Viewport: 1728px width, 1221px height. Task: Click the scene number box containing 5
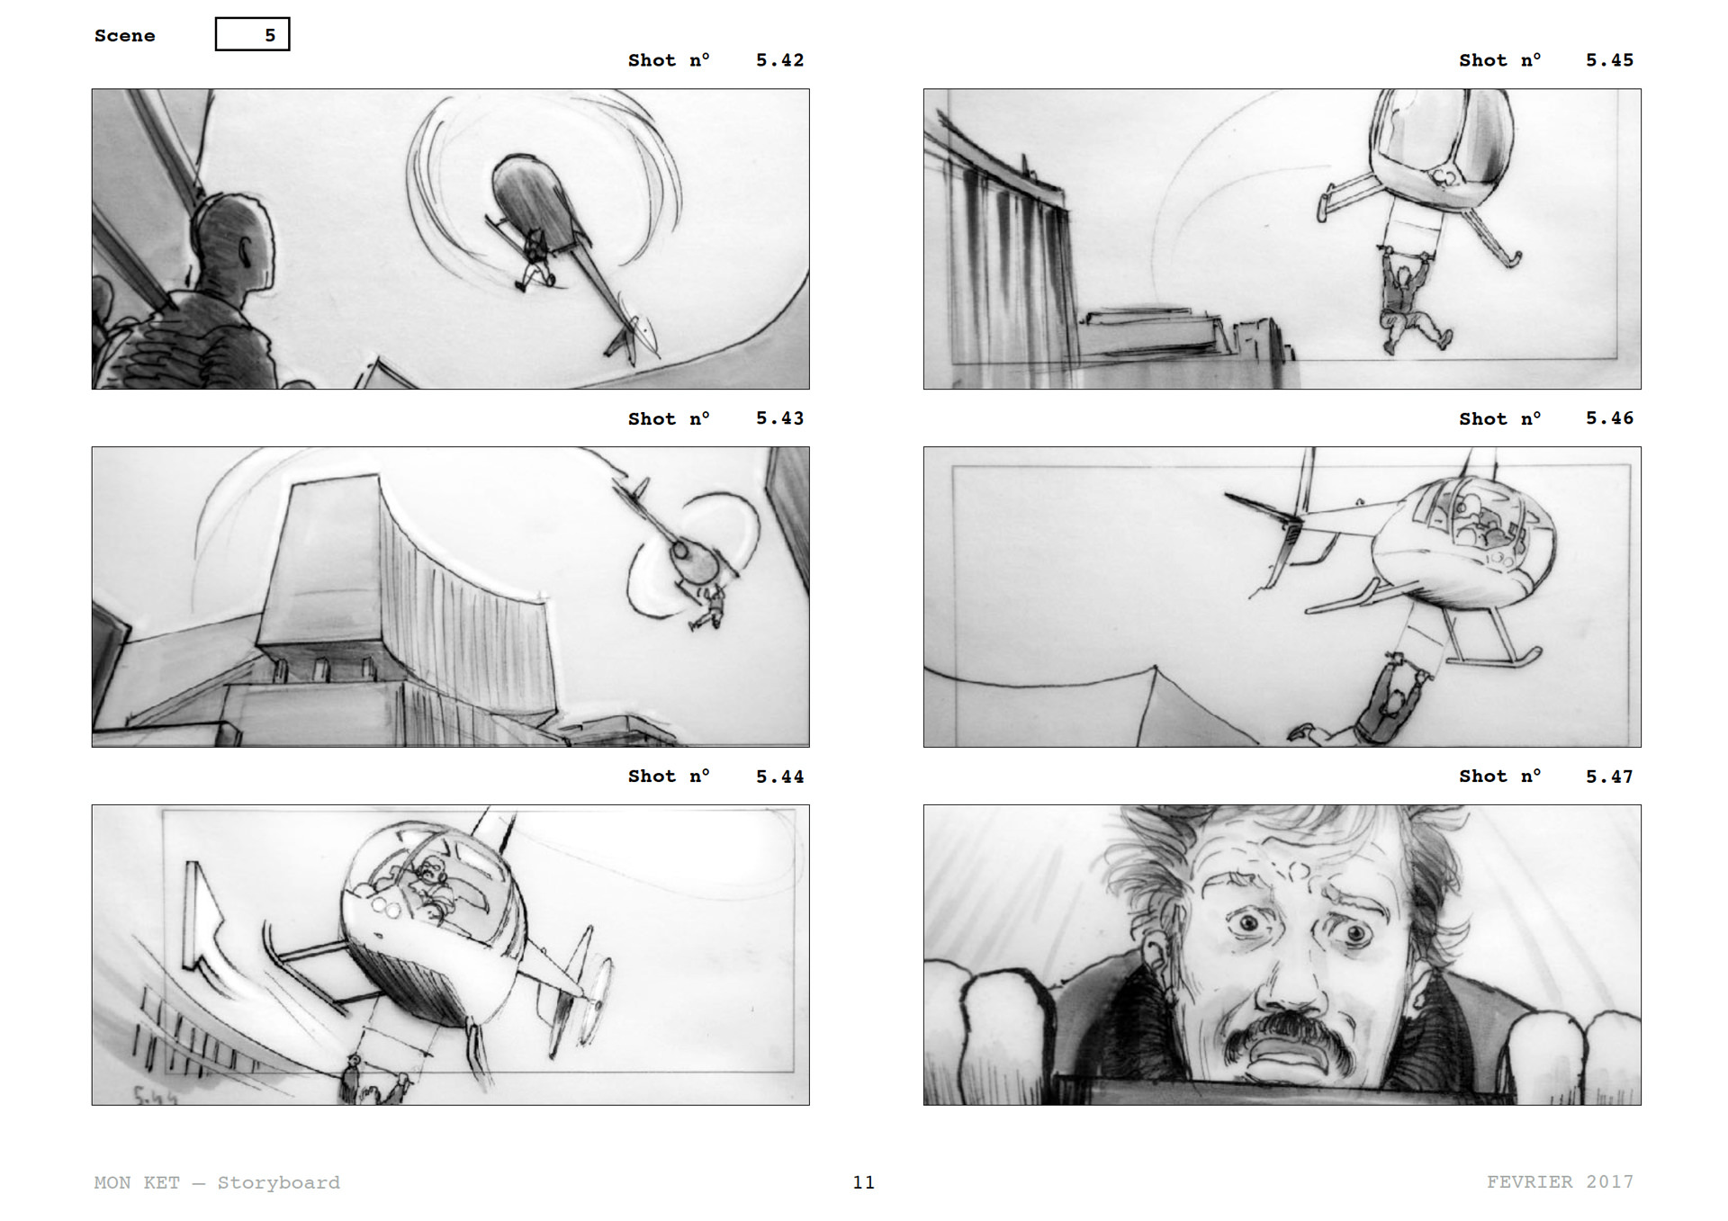click(x=252, y=34)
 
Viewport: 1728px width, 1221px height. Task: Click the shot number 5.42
click(x=779, y=60)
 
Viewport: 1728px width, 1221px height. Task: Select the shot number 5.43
click(x=779, y=418)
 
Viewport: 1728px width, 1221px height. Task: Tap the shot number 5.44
click(x=779, y=777)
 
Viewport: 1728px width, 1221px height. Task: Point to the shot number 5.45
click(x=1609, y=60)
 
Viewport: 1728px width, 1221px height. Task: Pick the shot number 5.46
click(x=1609, y=418)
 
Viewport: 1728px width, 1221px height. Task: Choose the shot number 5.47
click(x=1609, y=777)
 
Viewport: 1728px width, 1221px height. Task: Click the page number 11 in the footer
click(x=864, y=1182)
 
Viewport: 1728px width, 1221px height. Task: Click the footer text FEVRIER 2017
click(x=1560, y=1181)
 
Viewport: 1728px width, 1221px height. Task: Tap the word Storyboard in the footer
click(x=278, y=1182)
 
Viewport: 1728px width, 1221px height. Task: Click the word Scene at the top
click(x=124, y=35)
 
